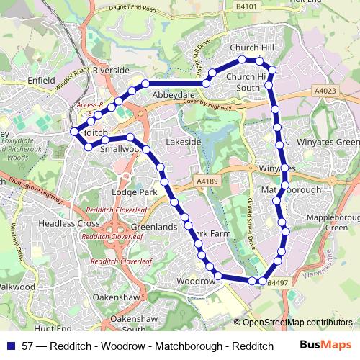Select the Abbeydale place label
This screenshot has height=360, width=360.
coord(171,94)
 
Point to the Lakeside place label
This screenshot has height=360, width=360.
coord(183,143)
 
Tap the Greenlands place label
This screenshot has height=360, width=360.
coord(153,227)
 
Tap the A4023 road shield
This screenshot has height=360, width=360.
coord(325,91)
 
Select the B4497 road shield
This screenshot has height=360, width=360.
coord(277,283)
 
